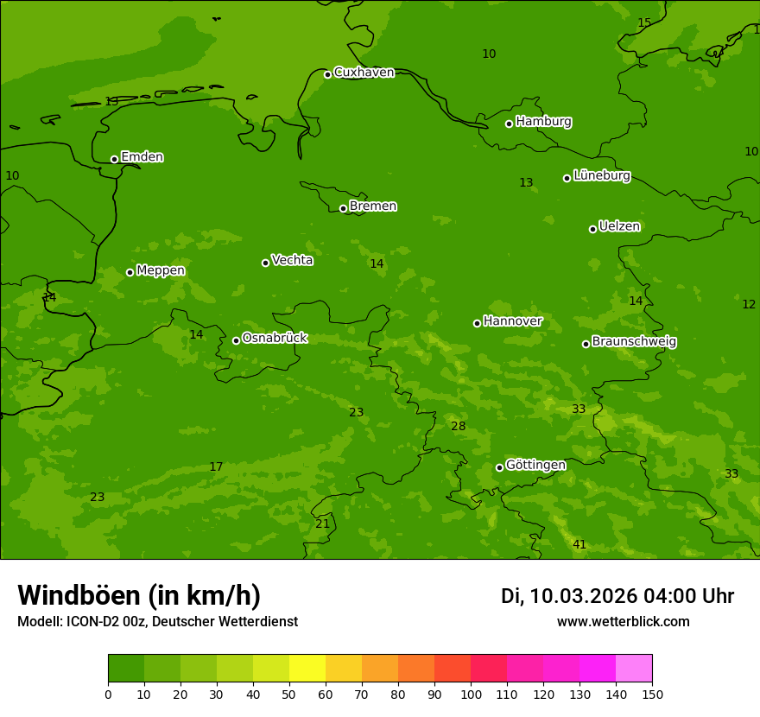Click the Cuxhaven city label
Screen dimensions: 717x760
tap(364, 73)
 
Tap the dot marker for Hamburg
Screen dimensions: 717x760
tap(510, 124)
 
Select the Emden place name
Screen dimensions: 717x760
tap(142, 157)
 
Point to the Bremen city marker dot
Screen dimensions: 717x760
tap(343, 208)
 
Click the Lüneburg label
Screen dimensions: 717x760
tap(601, 175)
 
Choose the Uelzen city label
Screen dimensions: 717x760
tap(619, 227)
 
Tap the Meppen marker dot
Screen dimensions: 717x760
tap(130, 272)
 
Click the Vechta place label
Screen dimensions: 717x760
tap(292, 260)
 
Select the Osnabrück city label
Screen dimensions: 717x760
tap(275, 338)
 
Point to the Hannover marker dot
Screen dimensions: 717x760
tap(477, 323)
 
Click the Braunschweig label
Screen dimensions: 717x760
tap(634, 342)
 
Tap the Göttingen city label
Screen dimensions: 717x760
tap(535, 465)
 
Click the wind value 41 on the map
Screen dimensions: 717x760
tap(579, 544)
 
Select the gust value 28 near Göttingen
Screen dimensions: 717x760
tap(459, 426)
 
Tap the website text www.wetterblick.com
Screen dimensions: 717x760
tap(623, 621)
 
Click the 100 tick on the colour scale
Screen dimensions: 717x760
tap(471, 694)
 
